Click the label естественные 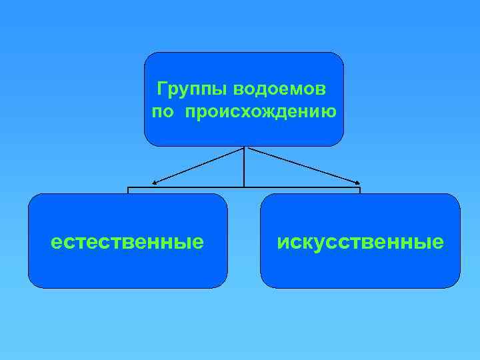[127, 241]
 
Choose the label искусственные [360, 241]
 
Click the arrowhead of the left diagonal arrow [155, 183]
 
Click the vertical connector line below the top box [245, 167]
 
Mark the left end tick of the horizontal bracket [128, 190]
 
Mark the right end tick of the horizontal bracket [360, 190]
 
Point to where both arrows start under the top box [245, 147]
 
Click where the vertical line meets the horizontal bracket [245, 187]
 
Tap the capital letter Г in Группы [161, 89]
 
